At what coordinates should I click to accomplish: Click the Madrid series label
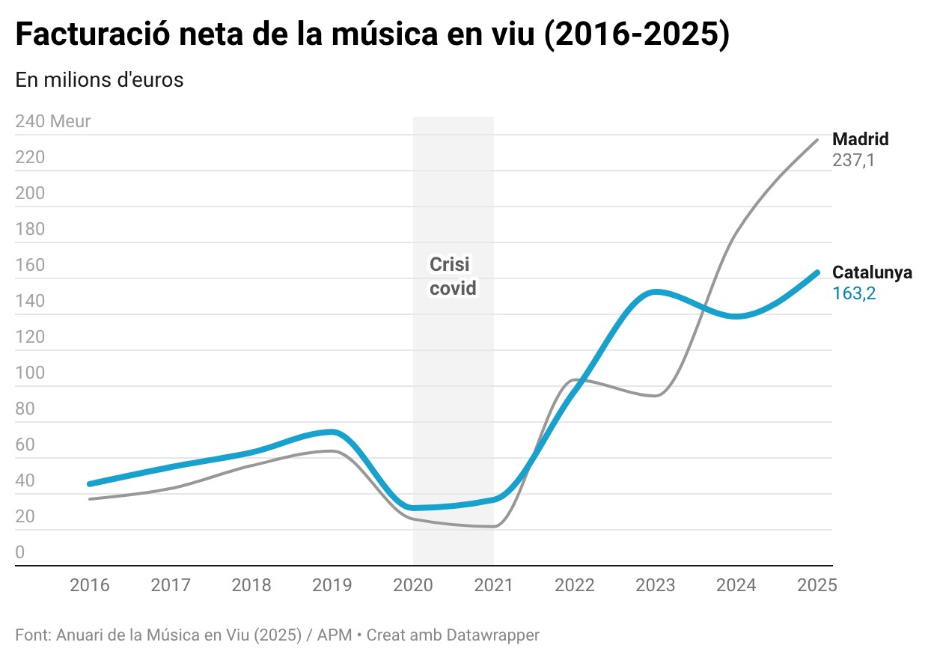[861, 139]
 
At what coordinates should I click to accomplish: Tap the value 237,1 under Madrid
[853, 160]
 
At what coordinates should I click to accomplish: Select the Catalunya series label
[872, 272]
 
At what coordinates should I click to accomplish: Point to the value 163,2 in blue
[854, 293]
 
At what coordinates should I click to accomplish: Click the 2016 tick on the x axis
[90, 585]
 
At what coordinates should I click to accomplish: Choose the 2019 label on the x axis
[332, 585]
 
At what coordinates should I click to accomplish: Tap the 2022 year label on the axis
[575, 585]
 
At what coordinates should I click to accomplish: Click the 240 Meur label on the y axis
[52, 121]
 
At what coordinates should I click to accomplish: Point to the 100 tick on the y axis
[30, 373]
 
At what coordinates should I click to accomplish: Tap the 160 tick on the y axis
[30, 265]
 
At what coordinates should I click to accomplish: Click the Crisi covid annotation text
[453, 276]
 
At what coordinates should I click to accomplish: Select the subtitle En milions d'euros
[99, 80]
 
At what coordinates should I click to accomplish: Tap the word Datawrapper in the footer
[492, 635]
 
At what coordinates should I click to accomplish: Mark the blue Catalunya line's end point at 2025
[816, 272]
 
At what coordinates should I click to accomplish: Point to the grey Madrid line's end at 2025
[816, 140]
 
